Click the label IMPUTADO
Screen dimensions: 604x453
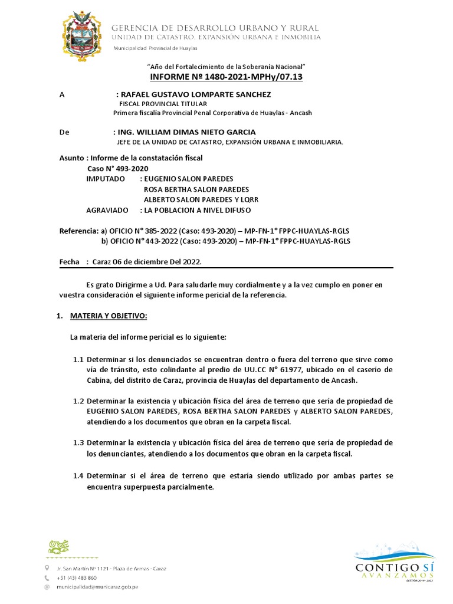(x=106, y=179)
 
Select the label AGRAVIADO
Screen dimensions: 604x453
(x=107, y=210)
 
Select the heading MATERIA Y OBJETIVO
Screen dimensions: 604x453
(x=108, y=316)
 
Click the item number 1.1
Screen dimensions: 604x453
(x=78, y=359)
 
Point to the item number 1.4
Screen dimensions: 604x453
(x=78, y=475)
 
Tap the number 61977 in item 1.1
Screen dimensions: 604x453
(x=287, y=370)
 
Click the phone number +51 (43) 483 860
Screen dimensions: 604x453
(x=77, y=578)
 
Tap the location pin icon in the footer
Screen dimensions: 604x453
(x=47, y=568)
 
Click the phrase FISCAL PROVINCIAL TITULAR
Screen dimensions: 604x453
(x=157, y=103)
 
